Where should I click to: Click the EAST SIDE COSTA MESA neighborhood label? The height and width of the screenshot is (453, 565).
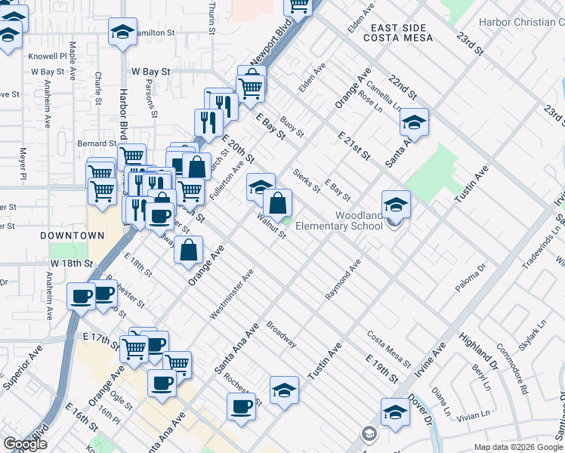(402, 32)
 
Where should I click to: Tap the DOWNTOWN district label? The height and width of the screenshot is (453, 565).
(73, 236)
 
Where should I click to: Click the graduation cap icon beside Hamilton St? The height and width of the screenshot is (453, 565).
(122, 32)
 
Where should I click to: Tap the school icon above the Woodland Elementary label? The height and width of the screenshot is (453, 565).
(396, 204)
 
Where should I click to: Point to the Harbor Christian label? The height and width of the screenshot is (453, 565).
(521, 22)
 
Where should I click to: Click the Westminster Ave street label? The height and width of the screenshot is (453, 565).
(231, 292)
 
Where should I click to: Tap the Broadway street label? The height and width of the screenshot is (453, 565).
(280, 335)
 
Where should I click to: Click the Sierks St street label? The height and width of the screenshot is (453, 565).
(307, 180)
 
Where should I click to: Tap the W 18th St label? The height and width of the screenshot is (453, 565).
(71, 263)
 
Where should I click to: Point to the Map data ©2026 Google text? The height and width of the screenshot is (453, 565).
(518, 447)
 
